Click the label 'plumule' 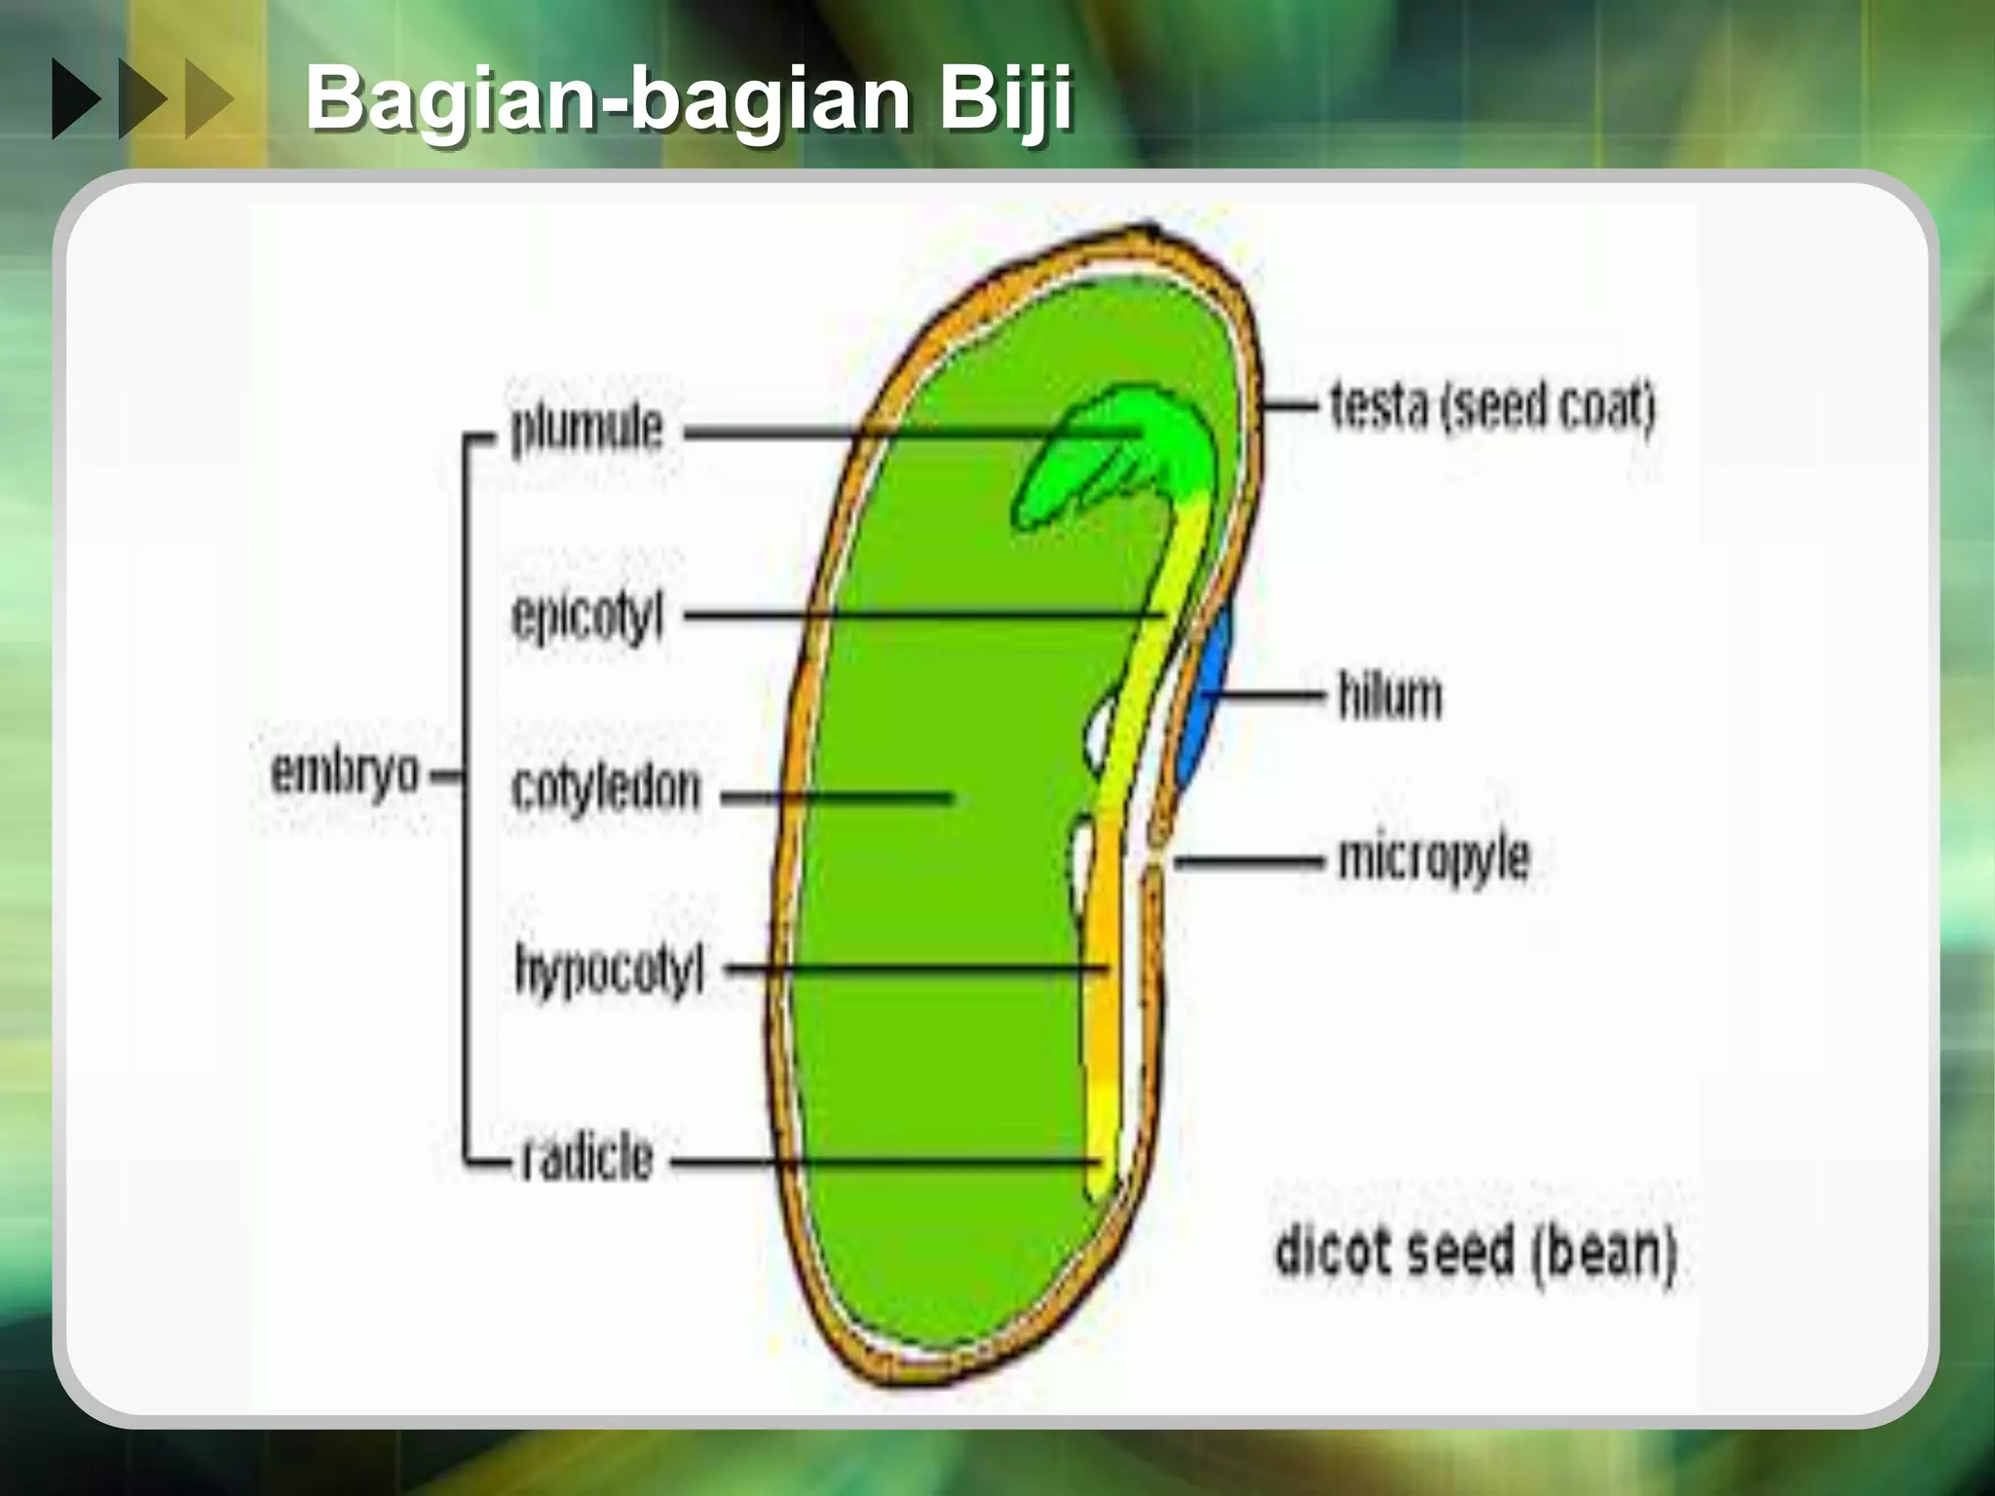pos(586,430)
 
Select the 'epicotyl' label pos(586,617)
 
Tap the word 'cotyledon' pos(605,789)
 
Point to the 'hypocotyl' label pos(609,969)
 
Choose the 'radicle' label pos(586,1158)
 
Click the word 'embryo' pos(345,773)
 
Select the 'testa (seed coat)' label pos(1492,406)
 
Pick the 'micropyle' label pos(1433,858)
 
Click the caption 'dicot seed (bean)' pos(1475,1252)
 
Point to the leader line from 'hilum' pos(1266,694)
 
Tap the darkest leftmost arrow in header pos(76,98)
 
